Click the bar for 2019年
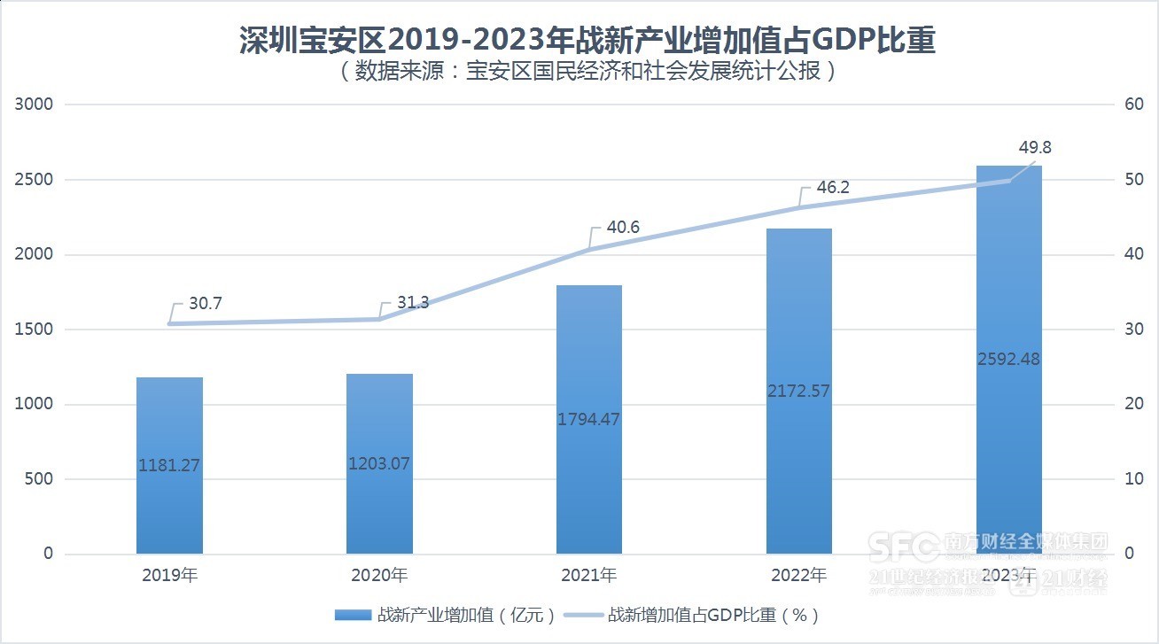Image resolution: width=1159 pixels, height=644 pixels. [169, 465]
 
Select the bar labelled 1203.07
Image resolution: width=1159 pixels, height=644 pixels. [379, 463]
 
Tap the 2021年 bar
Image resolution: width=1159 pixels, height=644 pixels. [589, 419]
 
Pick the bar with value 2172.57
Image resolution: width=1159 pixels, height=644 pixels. [799, 391]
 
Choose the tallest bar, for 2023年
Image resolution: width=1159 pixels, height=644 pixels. [1008, 359]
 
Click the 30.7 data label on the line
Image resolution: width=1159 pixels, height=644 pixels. [206, 304]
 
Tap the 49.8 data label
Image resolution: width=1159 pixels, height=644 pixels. [1035, 148]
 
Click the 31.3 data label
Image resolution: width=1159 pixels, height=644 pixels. [413, 303]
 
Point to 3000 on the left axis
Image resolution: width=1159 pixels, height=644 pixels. [35, 105]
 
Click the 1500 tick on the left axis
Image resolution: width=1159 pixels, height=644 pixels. [35, 330]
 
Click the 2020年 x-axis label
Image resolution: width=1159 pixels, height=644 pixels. [379, 576]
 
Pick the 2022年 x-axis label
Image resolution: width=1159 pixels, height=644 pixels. [798, 576]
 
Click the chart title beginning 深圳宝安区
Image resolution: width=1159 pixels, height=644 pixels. [587, 41]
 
